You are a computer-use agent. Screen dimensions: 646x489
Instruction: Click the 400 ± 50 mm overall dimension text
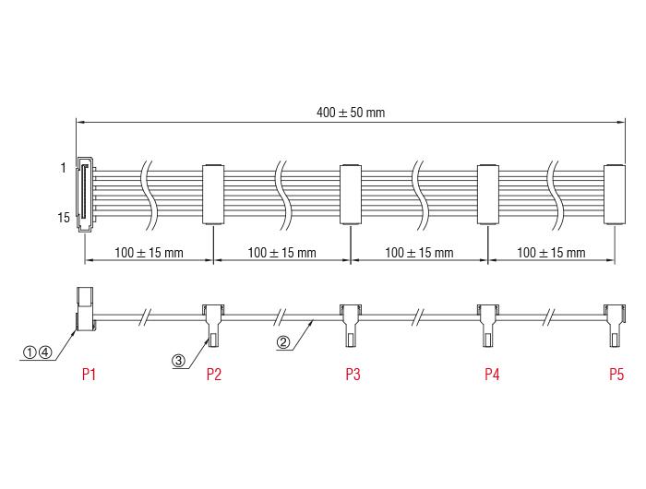pos(351,113)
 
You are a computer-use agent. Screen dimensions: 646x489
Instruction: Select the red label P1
pos(89,374)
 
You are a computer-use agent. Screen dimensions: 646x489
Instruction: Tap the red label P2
pos(214,374)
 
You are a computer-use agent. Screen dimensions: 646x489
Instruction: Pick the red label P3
pos(353,374)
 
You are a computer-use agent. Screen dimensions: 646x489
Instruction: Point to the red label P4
pos(492,374)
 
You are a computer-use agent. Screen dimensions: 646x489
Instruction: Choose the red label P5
pos(616,374)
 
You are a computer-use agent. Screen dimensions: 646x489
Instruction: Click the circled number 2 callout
pos(283,342)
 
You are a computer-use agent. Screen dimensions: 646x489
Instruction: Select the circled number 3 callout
pos(178,361)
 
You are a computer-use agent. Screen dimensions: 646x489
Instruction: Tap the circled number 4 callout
pos(45,352)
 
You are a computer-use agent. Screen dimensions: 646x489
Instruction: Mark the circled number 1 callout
pos(30,352)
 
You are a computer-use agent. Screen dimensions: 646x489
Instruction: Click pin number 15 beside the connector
pos(64,218)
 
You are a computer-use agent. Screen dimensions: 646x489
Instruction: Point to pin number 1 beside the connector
pos(63,168)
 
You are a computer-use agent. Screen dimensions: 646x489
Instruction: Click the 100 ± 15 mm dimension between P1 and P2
pos(149,253)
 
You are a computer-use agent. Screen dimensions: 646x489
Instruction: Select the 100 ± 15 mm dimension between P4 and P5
pos(551,253)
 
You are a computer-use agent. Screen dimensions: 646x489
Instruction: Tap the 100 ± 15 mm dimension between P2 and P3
pos(281,253)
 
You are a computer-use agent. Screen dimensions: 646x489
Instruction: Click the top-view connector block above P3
pos(351,195)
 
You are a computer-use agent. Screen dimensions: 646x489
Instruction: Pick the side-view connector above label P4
pos(488,326)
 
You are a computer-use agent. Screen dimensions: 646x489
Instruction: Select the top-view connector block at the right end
pos(615,195)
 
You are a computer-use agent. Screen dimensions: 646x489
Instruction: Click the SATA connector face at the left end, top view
pos(85,194)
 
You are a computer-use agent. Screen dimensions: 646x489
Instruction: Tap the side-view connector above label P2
pos(213,326)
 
